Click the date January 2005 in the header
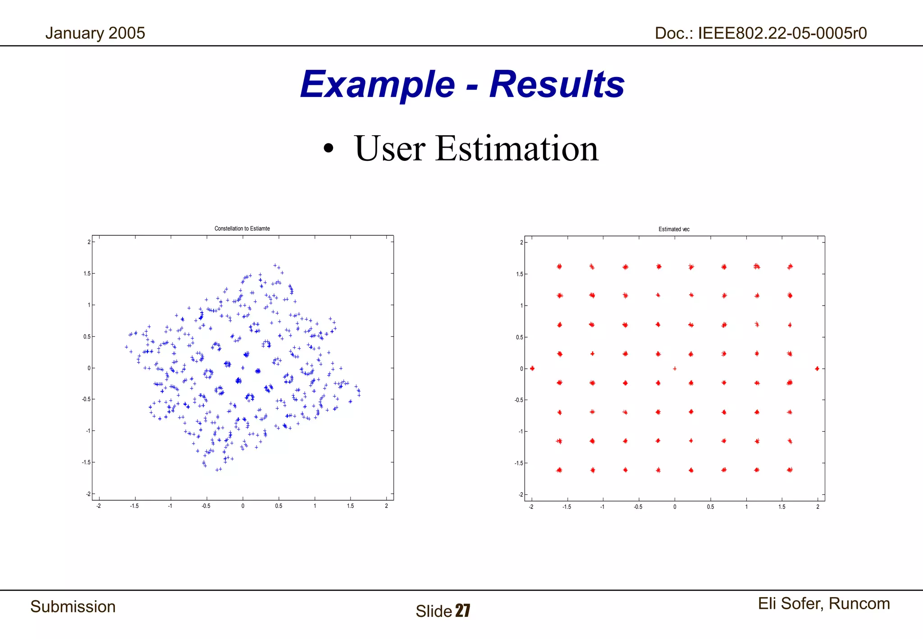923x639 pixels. coord(95,33)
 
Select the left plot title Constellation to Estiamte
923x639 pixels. coord(242,228)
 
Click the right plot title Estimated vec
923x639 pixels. coord(674,229)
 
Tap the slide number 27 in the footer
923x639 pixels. coord(463,611)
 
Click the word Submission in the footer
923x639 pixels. coord(73,607)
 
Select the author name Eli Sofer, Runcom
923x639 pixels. coord(824,603)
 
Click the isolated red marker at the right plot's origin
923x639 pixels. coord(675,369)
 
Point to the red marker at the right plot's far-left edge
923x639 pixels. coord(532,369)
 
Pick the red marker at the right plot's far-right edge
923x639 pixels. coord(817,369)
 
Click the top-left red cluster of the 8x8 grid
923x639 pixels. coord(559,266)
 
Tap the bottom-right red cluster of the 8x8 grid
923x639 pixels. coord(790,470)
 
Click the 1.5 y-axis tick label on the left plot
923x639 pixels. coord(87,274)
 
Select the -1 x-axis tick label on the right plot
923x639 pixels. coord(602,507)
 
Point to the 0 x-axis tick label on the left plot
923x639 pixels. coord(243,506)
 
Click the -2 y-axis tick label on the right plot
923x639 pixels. coord(521,495)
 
